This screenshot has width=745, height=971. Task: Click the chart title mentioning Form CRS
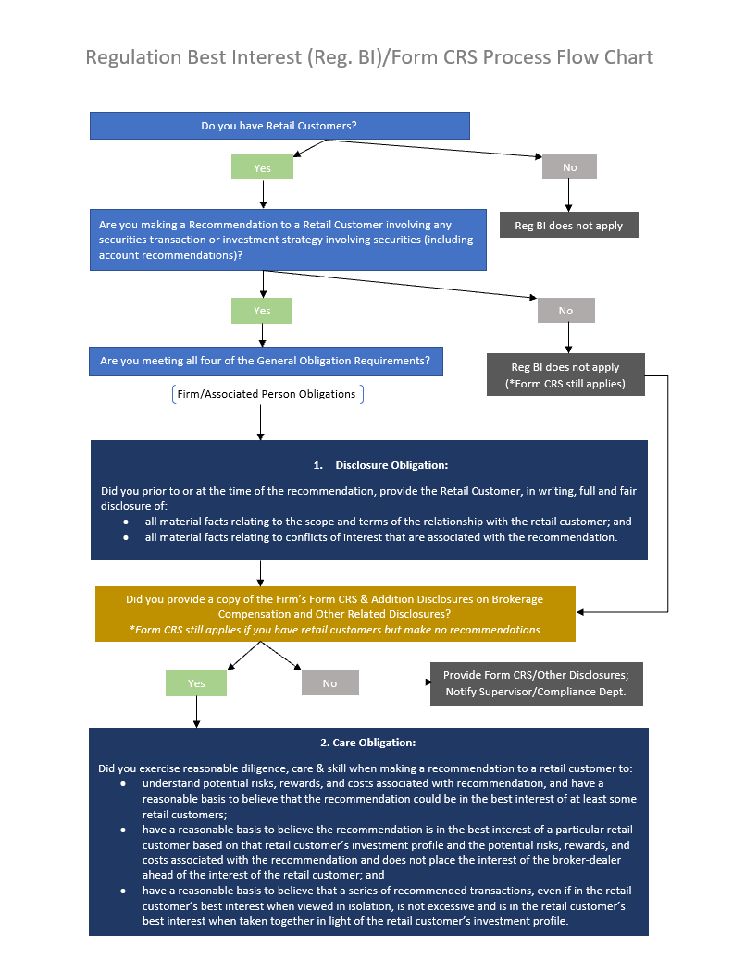click(369, 57)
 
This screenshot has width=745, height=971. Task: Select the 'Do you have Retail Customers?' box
click(279, 126)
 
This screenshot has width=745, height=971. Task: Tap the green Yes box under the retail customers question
click(263, 167)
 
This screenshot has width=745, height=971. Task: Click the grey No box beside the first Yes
click(569, 167)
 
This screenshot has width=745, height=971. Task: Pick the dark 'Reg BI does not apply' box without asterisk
click(568, 226)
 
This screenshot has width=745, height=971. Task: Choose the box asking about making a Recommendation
click(288, 240)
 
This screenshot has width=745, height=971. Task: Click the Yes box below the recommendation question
click(262, 311)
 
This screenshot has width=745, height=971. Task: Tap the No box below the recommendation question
click(565, 311)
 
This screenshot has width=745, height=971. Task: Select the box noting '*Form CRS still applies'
click(565, 375)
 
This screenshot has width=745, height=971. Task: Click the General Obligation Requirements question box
click(266, 361)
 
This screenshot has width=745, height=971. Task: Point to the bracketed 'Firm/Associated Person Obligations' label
click(267, 394)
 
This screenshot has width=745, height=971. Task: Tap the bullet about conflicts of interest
click(380, 537)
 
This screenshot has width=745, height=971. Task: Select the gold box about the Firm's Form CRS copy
click(335, 614)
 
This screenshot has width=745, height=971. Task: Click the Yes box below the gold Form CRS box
click(196, 683)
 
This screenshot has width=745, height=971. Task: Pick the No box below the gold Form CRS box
click(329, 683)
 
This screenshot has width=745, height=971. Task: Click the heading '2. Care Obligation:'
click(367, 743)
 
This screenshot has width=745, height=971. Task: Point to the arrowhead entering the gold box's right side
click(581, 612)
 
